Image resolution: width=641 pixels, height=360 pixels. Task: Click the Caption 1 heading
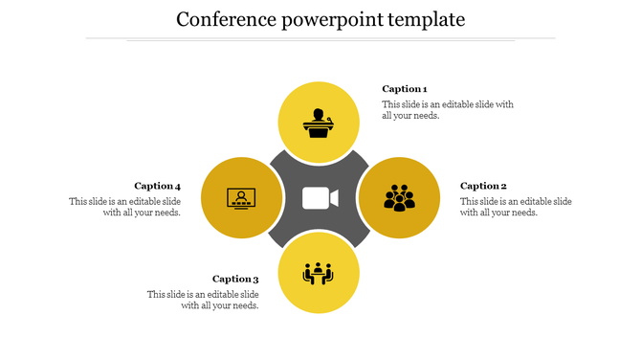405,89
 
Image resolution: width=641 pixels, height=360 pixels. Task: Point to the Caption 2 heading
483,186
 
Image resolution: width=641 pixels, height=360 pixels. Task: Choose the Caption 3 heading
235,280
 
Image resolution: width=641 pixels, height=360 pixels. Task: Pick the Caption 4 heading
157,186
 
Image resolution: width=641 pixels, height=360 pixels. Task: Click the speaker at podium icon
319,124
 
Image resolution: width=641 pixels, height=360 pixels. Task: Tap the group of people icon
399,197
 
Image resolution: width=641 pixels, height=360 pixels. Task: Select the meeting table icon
319,274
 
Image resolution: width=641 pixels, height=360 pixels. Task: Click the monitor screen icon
241,198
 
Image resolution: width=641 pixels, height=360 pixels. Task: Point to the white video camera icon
320,198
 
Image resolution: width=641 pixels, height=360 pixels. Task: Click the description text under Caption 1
448,109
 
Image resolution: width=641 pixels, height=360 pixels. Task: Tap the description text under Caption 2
516,207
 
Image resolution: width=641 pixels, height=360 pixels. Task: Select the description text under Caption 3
203,300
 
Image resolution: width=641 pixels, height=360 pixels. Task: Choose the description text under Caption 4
125,207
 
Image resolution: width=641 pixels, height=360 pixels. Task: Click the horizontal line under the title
320,39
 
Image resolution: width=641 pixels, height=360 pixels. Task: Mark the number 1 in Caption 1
424,89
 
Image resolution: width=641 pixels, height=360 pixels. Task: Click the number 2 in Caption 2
503,186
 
